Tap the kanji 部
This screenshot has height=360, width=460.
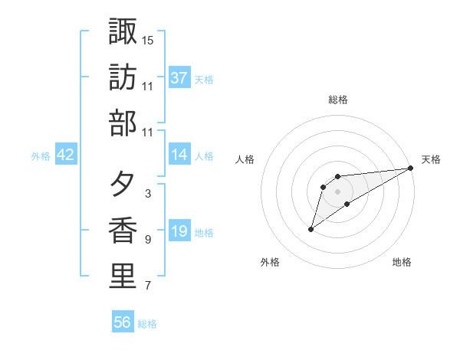(123, 122)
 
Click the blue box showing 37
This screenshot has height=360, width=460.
(179, 77)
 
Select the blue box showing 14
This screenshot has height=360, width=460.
(179, 155)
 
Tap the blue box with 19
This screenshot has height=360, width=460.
(179, 231)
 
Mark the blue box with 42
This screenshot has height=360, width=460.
(66, 155)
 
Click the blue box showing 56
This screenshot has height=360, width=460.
(123, 322)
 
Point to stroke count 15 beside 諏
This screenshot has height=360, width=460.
(148, 39)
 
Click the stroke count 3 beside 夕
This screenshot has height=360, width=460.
(147, 194)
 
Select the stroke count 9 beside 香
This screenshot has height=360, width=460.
(147, 240)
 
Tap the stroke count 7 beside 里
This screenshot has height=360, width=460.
(147, 286)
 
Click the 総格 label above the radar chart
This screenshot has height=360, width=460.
(338, 100)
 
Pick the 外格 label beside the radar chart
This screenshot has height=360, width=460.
(270, 262)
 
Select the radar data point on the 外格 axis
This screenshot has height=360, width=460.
(310, 229)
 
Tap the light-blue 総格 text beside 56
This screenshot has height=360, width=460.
(147, 324)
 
